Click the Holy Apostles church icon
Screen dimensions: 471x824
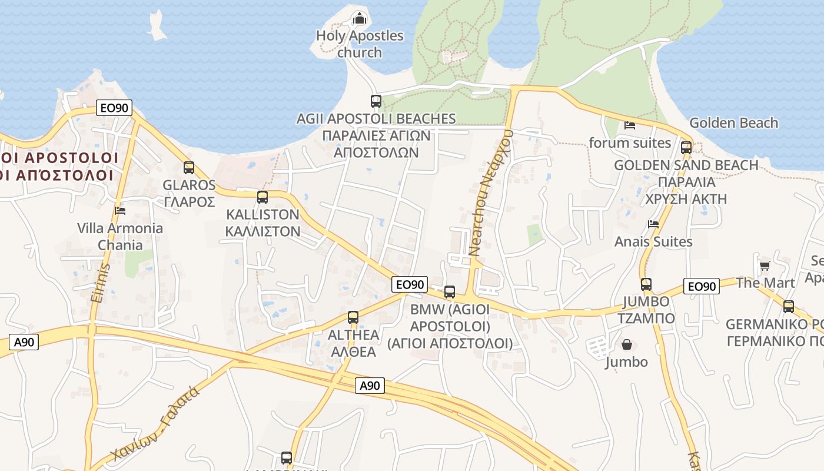tap(359, 18)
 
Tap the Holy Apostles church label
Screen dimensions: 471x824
tap(360, 44)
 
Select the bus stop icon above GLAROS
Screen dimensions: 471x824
tap(189, 168)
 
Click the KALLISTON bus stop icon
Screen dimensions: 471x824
tap(263, 197)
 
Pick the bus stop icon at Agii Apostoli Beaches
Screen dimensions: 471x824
tap(376, 101)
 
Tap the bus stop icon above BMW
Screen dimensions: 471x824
tap(450, 291)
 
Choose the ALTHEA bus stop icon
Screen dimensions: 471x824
tap(353, 317)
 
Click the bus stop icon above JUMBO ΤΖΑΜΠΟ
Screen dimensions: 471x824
tap(646, 284)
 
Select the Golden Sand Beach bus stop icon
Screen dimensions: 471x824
tap(686, 147)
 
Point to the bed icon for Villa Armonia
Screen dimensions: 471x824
tap(120, 210)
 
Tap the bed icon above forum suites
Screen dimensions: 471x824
tap(630, 125)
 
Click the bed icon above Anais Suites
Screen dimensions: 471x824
tap(653, 224)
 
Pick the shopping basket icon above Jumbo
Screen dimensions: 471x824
tap(627, 344)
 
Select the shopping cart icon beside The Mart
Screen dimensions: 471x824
tap(765, 266)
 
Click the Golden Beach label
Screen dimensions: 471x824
tap(733, 123)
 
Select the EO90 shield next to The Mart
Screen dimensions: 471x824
tap(702, 287)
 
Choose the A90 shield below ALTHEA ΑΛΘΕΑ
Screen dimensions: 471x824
tap(370, 386)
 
